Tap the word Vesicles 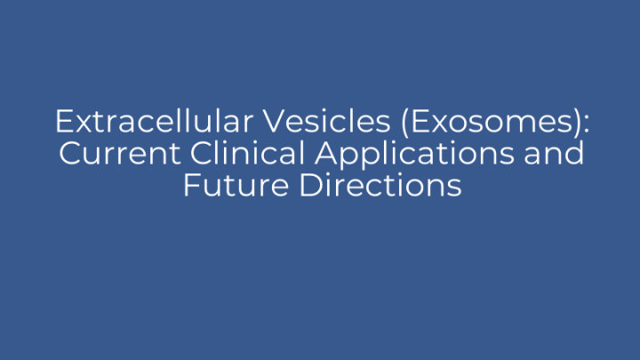tap(312, 121)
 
